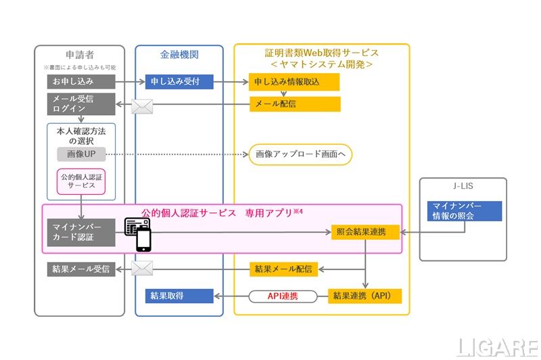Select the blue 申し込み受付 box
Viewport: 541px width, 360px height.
click(x=179, y=82)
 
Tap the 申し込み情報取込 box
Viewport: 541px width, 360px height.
click(x=293, y=82)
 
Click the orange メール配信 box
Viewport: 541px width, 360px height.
click(x=294, y=104)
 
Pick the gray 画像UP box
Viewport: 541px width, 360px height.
click(x=80, y=154)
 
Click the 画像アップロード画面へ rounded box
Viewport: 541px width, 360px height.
click(x=300, y=154)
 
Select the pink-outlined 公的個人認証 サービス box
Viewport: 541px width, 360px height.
click(x=80, y=182)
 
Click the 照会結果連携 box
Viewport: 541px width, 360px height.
click(x=365, y=231)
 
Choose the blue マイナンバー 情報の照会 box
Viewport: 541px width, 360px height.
click(x=464, y=210)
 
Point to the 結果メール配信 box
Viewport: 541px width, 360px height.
click(x=284, y=269)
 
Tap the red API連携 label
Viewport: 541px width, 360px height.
click(x=283, y=296)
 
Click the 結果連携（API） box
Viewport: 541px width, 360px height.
click(x=365, y=296)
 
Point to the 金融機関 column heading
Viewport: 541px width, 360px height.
click(x=179, y=54)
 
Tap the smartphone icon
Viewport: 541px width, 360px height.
click(x=144, y=239)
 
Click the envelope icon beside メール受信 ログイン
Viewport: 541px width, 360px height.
click(x=142, y=106)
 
